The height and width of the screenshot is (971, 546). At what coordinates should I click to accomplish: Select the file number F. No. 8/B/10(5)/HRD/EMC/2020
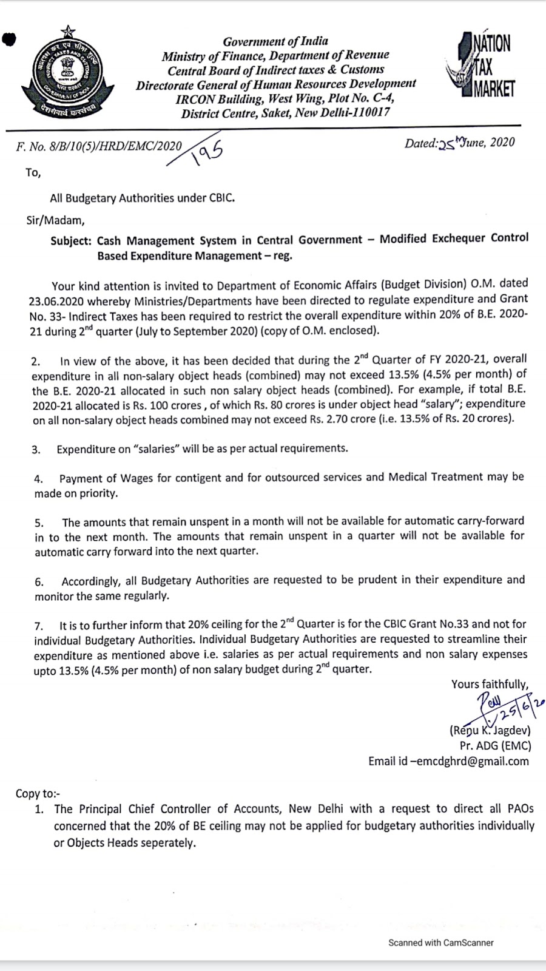[99, 146]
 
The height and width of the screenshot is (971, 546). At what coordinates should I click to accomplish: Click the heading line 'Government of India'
[275, 41]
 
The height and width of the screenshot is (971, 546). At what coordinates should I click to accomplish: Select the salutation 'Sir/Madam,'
[55, 220]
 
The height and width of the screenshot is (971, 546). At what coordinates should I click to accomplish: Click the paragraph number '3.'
[36, 450]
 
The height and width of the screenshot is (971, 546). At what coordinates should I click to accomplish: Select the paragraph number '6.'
[39, 582]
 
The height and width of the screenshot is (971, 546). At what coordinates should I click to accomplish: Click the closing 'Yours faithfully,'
[489, 684]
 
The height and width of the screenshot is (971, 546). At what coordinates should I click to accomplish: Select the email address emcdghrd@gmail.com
[470, 761]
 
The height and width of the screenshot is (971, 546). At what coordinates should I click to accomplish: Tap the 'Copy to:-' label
[38, 793]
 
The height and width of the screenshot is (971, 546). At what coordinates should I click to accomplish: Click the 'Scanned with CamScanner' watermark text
[440, 942]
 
